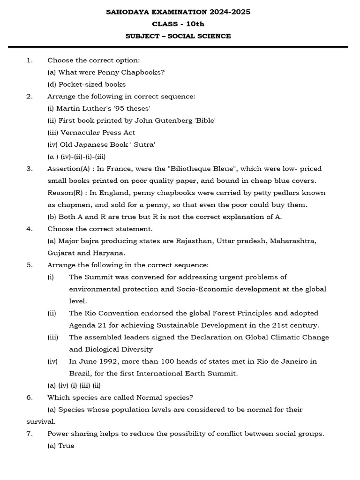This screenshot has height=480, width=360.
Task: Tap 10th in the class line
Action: coord(194,24)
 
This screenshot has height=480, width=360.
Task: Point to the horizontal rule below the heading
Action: coord(178,47)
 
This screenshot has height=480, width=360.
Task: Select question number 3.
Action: coord(29,169)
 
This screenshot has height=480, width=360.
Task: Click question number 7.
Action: coord(29,434)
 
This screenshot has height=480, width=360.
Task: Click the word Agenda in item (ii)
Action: coord(82,325)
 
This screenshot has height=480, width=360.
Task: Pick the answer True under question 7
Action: coord(66,446)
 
